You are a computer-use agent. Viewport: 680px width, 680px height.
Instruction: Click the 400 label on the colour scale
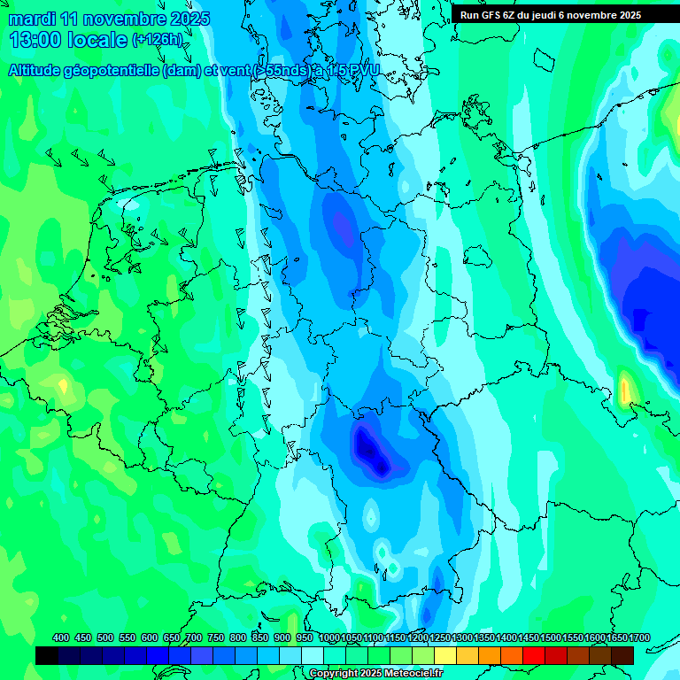pos(61,637)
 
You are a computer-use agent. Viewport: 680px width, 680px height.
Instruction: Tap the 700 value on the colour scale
pos(194,637)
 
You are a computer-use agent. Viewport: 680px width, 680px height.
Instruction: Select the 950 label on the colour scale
pos(305,637)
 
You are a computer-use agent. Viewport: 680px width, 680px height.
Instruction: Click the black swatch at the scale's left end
pos(47,655)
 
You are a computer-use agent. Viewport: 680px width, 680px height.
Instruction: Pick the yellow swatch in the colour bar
pos(445,655)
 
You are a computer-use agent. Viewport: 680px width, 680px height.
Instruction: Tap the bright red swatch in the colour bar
pos(534,655)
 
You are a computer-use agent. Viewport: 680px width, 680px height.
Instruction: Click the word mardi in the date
pos(29,19)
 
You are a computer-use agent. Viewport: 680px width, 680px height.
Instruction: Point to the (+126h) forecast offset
pos(157,40)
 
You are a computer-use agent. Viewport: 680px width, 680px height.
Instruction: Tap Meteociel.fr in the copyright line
pos(414,674)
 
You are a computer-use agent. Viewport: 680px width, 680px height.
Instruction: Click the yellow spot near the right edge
pos(624,390)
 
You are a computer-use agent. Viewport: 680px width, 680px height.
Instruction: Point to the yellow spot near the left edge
pos(62,385)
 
